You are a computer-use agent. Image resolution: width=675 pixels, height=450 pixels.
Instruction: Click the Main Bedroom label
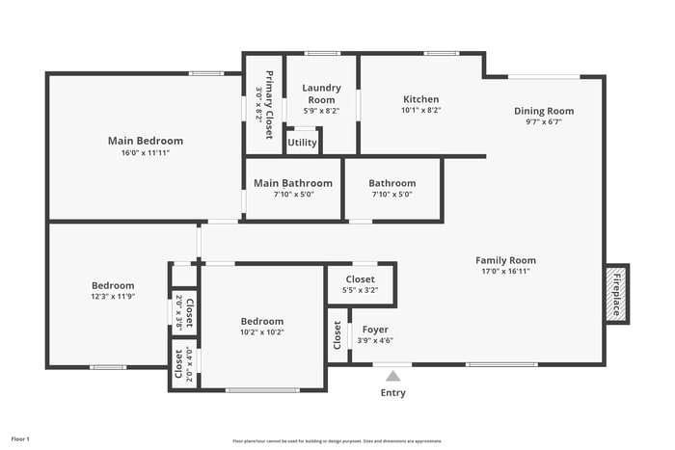click(145, 141)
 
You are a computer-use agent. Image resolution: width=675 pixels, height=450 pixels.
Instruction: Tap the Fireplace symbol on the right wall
click(616, 294)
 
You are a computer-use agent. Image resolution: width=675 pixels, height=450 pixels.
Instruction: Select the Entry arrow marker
click(391, 375)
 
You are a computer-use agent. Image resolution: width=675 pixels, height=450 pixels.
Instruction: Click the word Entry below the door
click(393, 392)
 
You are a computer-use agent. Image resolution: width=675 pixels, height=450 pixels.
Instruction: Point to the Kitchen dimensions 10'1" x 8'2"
click(420, 111)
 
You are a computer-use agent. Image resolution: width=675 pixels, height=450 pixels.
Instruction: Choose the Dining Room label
click(543, 111)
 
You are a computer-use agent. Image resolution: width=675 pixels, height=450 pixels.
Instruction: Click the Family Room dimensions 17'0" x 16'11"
click(505, 272)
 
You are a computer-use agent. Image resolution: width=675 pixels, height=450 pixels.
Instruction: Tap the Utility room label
click(303, 143)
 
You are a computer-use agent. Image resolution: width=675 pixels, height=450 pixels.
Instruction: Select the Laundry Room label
click(321, 93)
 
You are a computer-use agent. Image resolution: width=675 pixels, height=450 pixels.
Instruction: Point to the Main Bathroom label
click(293, 183)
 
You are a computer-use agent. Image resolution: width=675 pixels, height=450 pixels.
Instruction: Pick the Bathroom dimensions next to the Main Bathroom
click(391, 194)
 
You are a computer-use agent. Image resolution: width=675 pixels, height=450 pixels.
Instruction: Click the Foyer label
click(375, 329)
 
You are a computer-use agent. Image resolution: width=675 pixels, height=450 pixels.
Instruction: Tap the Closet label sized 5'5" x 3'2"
click(360, 279)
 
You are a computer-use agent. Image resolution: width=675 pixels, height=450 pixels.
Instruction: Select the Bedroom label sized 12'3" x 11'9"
click(113, 285)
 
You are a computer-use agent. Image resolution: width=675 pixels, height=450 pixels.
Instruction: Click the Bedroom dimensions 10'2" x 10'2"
click(262, 332)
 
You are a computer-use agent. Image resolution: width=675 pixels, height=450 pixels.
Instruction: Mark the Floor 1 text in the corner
click(20, 439)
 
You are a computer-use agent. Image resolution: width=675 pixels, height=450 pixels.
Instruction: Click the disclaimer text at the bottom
click(337, 440)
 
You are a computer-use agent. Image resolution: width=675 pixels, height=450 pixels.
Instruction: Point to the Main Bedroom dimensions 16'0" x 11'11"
click(145, 152)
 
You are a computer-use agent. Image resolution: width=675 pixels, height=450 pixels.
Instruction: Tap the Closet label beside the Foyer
click(337, 334)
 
